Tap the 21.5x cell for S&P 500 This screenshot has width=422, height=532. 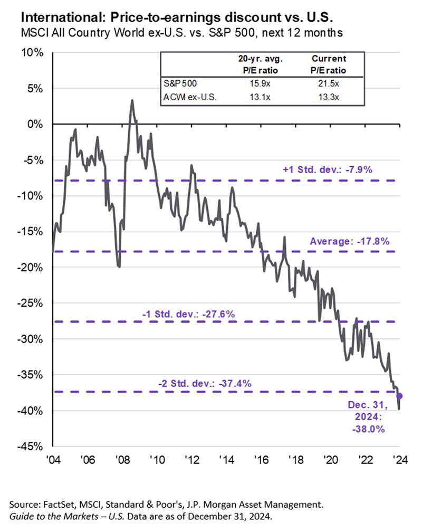332,83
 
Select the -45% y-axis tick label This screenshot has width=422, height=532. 33,446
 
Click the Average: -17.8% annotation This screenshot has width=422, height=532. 349,242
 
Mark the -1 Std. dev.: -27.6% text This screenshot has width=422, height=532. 188,315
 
